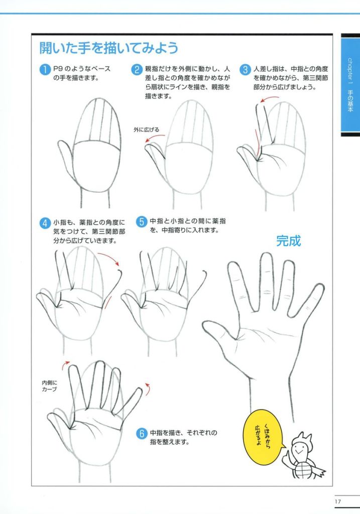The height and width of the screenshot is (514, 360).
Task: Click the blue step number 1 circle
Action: pyautogui.click(x=45, y=69)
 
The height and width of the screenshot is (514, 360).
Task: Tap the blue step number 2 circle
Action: pyautogui.click(x=137, y=69)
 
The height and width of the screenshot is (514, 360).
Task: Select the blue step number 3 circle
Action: pyautogui.click(x=245, y=69)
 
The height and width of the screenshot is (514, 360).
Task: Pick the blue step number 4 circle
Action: pyautogui.click(x=45, y=223)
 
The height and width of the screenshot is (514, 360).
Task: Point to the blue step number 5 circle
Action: pyautogui.click(x=141, y=221)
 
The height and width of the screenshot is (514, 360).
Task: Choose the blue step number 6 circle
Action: pyautogui.click(x=141, y=433)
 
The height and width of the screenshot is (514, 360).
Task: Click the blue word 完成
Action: pyautogui.click(x=288, y=241)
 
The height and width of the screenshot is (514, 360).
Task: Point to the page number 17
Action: pyautogui.click(x=338, y=501)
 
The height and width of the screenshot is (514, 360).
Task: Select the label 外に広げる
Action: pyautogui.click(x=146, y=130)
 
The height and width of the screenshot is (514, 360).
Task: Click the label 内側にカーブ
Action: pyautogui.click(x=49, y=386)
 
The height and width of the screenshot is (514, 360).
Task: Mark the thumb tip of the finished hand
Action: pyautogui.click(x=205, y=325)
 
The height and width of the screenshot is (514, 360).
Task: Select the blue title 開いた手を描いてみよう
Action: pyautogui.click(x=108, y=48)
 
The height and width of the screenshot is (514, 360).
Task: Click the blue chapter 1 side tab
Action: pyautogui.click(x=350, y=85)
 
